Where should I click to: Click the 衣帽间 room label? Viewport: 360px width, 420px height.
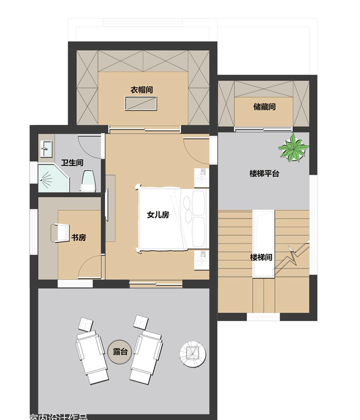coord(141,90)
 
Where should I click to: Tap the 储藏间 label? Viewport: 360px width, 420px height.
coord(264,107)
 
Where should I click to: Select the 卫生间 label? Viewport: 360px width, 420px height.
coord(72,163)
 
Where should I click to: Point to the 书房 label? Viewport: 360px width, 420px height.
coord(78,238)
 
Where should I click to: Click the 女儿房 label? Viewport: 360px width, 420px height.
coord(158,215)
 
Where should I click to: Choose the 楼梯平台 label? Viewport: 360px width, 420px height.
coord(264,174)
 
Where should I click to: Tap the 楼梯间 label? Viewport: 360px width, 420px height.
coord(261,257)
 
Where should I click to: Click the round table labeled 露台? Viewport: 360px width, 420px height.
coord(120,352)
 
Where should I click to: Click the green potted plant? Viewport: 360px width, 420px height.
coord(294,148)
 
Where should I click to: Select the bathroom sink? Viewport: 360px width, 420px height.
coord(46,149)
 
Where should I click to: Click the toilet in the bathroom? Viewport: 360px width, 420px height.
coord(88,180)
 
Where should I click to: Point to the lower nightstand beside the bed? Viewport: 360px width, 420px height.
coord(202,260)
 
